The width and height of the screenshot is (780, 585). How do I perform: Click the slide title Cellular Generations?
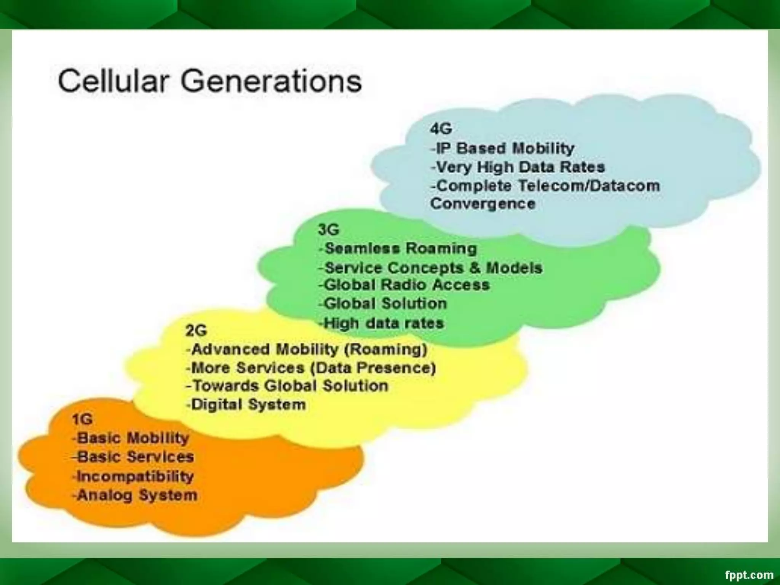coord(209,81)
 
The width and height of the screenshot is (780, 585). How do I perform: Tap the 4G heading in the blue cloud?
coord(441,129)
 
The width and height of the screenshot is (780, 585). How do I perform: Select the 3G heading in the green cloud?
coord(328,230)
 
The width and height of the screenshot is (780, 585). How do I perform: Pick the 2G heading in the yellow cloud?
coord(196,330)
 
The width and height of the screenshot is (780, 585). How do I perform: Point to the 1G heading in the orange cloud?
coord(82,419)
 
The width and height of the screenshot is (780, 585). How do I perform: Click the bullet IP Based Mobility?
coord(503,148)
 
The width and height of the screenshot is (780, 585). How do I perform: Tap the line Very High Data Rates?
coord(518,167)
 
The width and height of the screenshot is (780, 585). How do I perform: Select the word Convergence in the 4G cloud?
coord(483,203)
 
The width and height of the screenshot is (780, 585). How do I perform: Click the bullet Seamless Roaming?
coord(398,248)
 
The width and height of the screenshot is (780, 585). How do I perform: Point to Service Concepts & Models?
coord(431,267)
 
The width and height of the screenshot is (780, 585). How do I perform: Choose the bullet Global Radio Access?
coord(404,285)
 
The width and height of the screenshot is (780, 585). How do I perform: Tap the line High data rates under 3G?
coord(382,323)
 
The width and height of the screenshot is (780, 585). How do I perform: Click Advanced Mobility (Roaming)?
coord(307,349)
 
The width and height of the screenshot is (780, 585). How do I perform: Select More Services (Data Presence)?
coord(311,368)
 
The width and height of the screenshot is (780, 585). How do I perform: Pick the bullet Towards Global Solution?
coord(287,386)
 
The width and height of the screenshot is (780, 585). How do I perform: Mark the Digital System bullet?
coord(246,404)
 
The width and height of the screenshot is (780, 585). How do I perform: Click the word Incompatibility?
coord(134,476)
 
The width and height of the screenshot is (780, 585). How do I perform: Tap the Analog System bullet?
coord(135,495)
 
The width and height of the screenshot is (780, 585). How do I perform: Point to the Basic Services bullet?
coord(133,457)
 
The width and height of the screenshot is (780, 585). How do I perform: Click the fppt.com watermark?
coord(749,575)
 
